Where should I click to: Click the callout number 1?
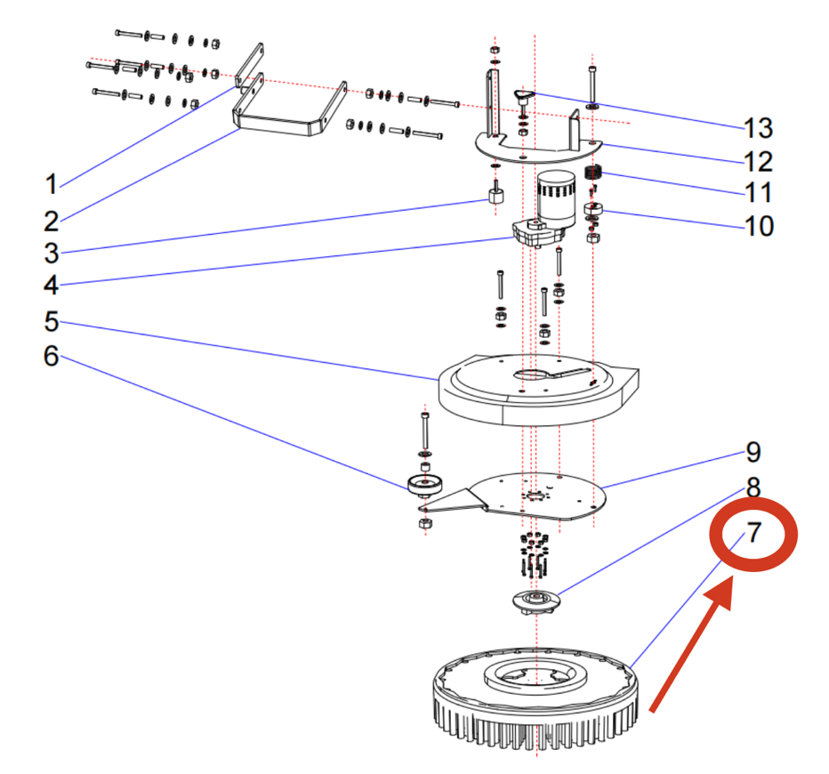[52, 184]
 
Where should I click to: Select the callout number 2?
[52, 220]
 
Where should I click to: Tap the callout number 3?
[52, 252]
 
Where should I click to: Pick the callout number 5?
[52, 319]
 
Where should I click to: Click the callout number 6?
[52, 356]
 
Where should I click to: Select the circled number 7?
[753, 533]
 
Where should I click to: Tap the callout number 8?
[753, 487]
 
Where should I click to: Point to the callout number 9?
[753, 452]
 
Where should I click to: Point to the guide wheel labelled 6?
[425, 485]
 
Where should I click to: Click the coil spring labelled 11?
[594, 173]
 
